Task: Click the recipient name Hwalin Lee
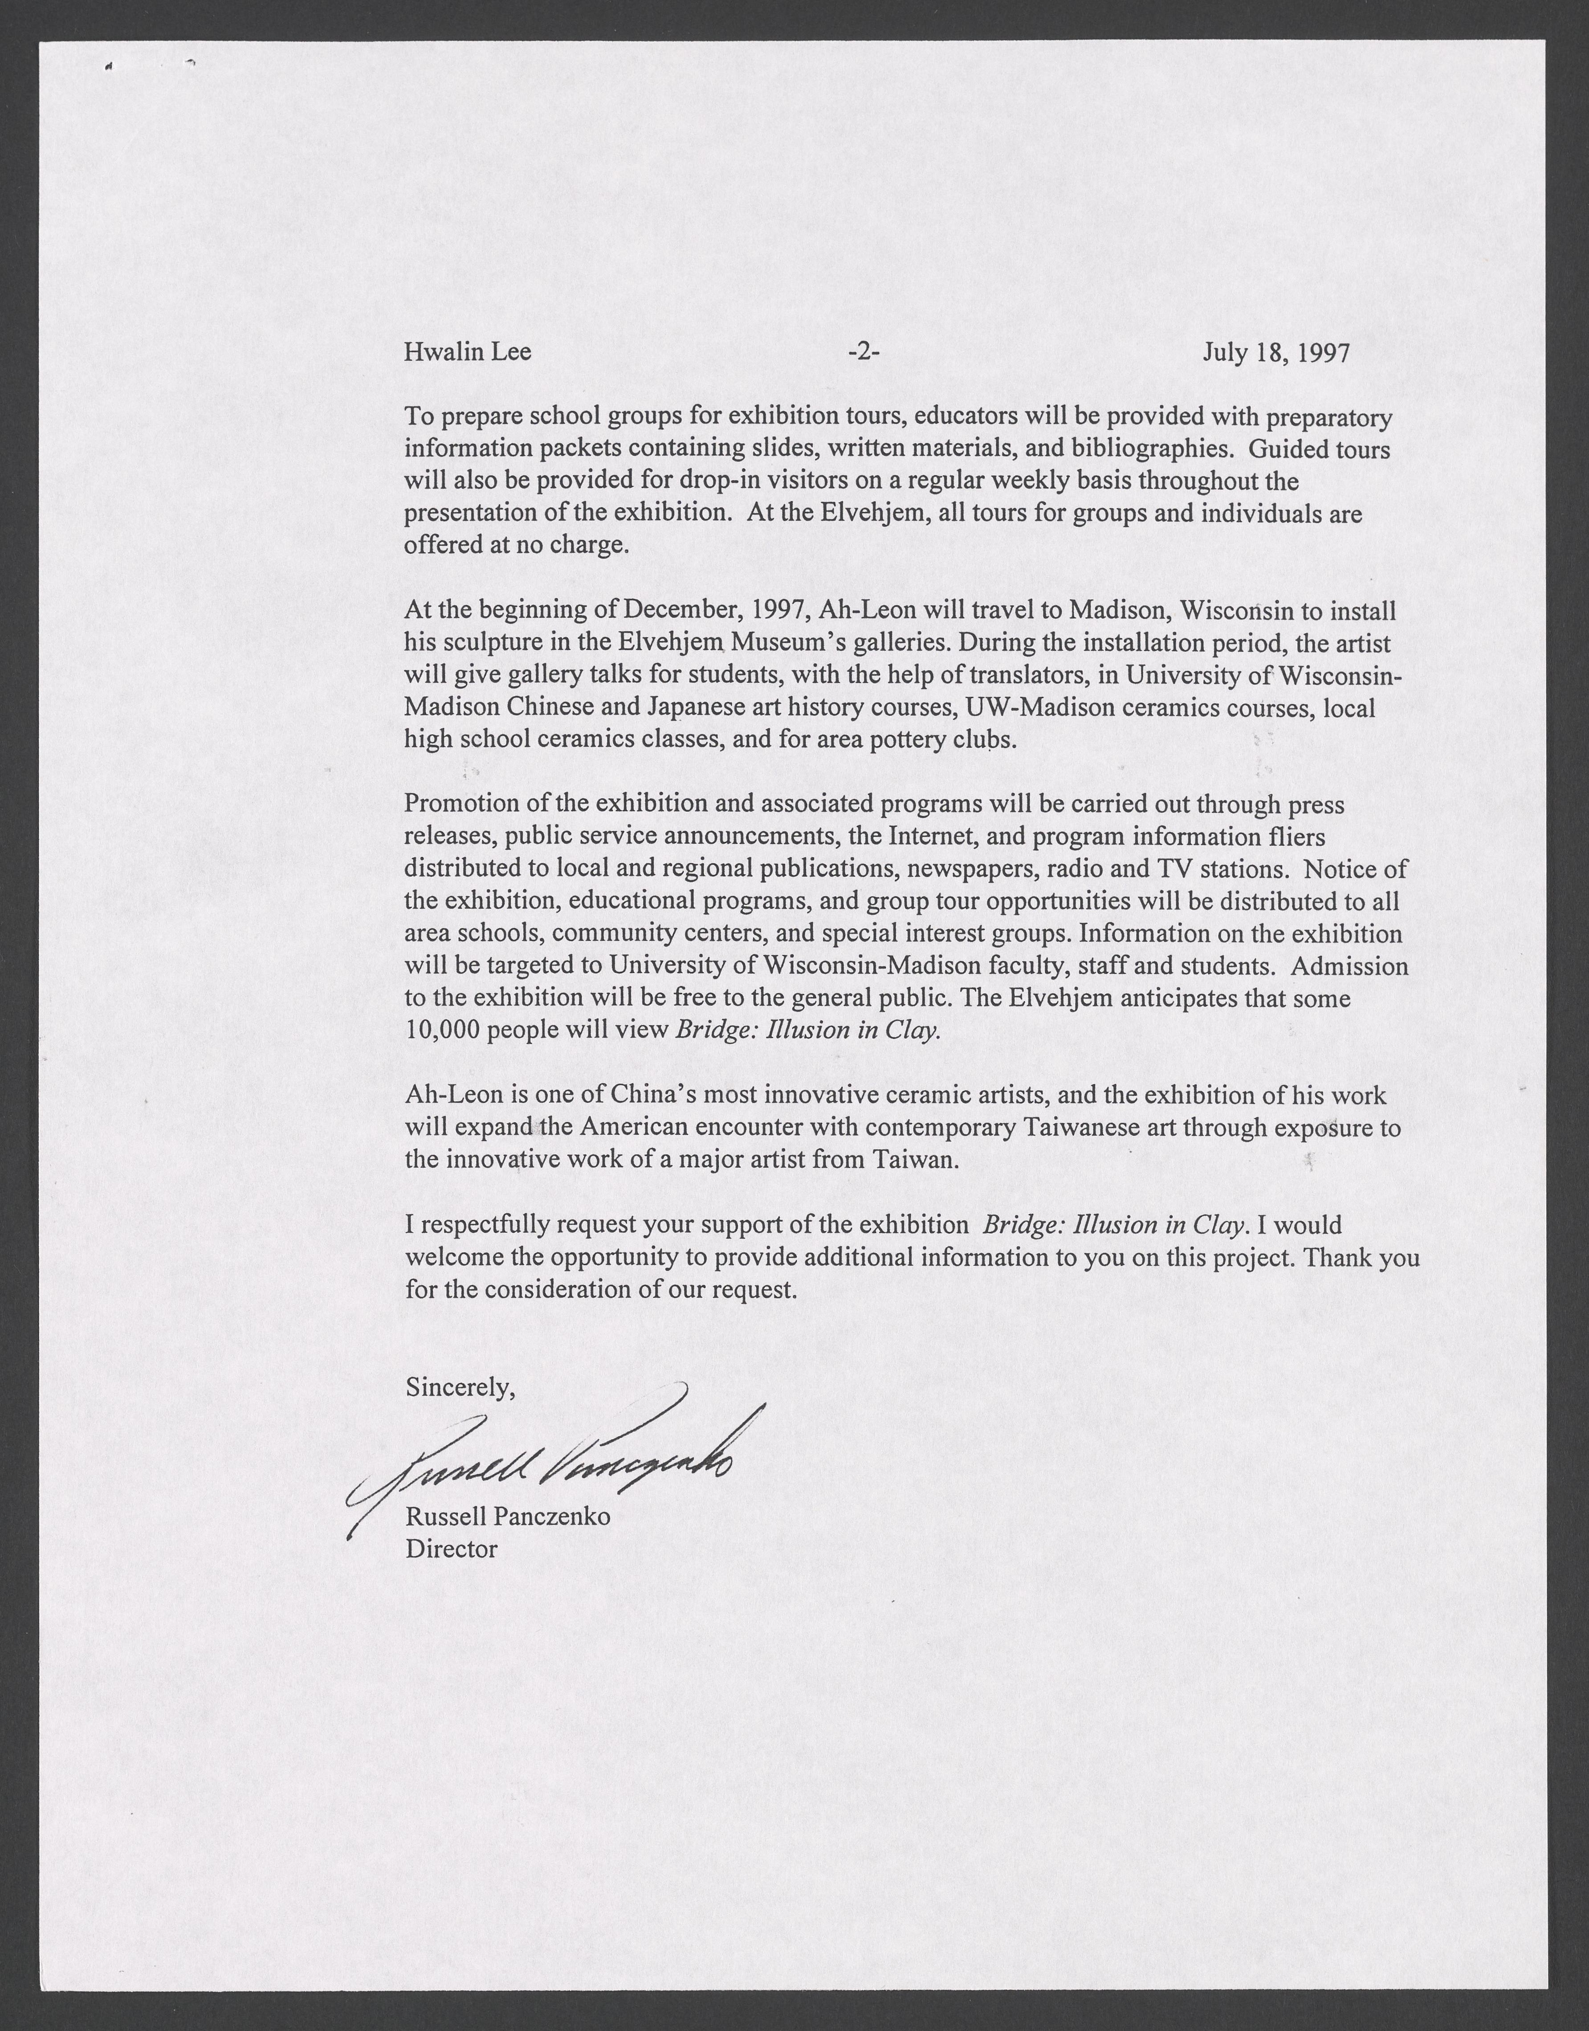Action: coord(467,353)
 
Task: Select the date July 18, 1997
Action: coord(1275,353)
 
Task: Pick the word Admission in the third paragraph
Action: coord(1350,966)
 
